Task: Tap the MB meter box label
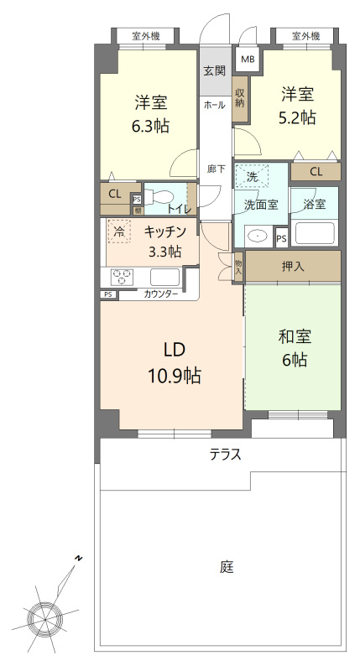point(248,60)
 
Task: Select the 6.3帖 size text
point(151,126)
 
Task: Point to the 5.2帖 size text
point(297,117)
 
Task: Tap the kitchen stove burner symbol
point(123,276)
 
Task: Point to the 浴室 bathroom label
point(314,203)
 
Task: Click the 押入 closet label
point(292,267)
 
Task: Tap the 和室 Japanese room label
point(294,337)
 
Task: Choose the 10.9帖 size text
point(174,375)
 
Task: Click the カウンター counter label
point(160,294)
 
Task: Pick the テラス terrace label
point(226,455)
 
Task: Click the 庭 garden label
point(227,566)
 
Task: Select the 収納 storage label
point(241,97)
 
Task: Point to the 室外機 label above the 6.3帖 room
point(146,36)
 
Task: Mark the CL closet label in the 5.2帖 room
point(316,172)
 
